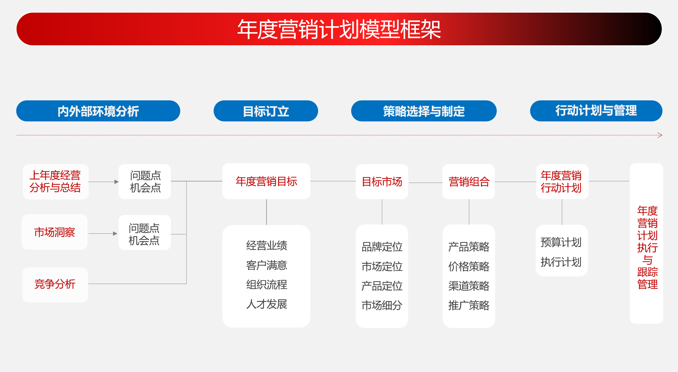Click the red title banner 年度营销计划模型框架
point(339,29)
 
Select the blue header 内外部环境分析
point(98,111)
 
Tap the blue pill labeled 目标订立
point(266,111)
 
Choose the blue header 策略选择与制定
point(424,111)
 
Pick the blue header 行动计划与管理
point(596,111)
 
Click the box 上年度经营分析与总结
point(56,182)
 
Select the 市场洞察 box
point(55,232)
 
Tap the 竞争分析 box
point(55,285)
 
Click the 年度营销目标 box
point(266,181)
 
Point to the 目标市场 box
point(382,182)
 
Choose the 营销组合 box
point(469,182)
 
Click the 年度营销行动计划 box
point(562,182)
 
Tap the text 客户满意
point(267,265)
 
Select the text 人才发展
point(267,304)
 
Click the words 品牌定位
point(382,247)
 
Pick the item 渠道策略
point(469,286)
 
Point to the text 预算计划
point(561,242)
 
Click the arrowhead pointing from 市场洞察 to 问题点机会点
point(115,233)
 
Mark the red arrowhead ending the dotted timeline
point(660,135)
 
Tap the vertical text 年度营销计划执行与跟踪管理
point(647,247)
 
